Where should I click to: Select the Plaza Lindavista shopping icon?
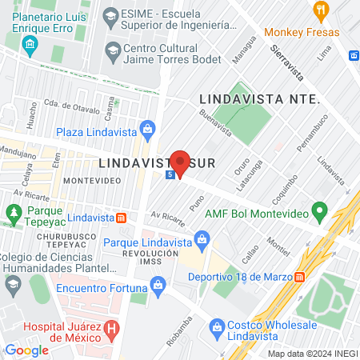pyautogui.click(x=147, y=128)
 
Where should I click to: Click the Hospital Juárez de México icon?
pyautogui.click(x=111, y=327)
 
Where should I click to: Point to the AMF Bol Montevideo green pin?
pyautogui.click(x=320, y=213)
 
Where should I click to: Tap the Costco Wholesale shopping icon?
pyautogui.click(x=216, y=327)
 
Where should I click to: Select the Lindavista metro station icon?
pyautogui.click(x=121, y=218)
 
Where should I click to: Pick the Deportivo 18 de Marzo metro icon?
pyautogui.click(x=299, y=277)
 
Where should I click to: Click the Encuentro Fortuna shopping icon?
pyautogui.click(x=158, y=284)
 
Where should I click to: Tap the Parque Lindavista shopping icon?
pyautogui.click(x=202, y=238)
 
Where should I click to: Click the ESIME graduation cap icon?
pyautogui.click(x=110, y=14)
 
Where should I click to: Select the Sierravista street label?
pyautogui.click(x=286, y=58)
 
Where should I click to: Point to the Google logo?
pyautogui.click(x=26, y=350)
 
